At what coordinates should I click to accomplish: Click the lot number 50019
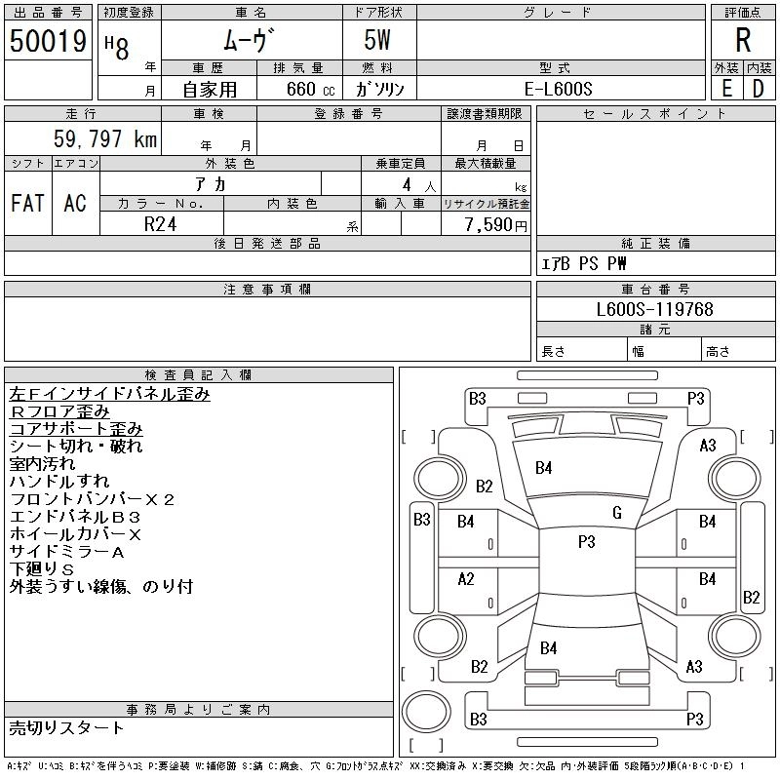48,41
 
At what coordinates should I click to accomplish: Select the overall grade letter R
743,40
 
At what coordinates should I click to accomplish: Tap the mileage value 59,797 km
105,138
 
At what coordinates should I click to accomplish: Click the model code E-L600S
558,89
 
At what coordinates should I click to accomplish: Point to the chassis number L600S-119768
654,309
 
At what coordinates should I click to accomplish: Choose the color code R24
160,224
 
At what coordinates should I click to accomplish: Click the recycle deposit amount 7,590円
495,225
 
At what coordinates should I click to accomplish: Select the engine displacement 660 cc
310,90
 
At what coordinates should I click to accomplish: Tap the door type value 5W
377,40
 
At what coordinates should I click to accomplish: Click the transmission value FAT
28,203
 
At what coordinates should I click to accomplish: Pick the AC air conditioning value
75,203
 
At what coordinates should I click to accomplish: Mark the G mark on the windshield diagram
617,513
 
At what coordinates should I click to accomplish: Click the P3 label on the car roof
587,541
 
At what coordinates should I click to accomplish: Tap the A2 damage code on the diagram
466,579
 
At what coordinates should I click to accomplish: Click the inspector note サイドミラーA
66,552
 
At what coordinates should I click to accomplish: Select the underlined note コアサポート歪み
76,429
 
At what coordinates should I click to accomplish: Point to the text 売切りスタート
66,728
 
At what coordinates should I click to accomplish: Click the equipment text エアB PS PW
583,263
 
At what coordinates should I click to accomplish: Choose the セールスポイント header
654,114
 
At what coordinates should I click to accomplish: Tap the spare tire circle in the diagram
426,712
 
